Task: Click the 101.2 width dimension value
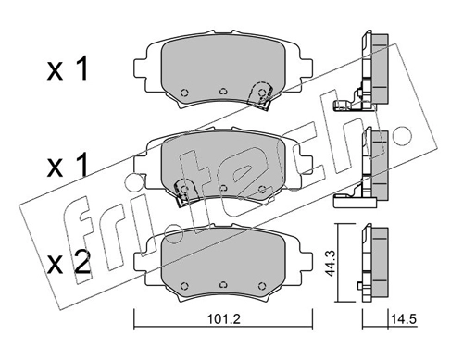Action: [223, 319]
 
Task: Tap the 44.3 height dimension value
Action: [331, 263]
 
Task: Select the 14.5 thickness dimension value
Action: [404, 319]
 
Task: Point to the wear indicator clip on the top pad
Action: [261, 94]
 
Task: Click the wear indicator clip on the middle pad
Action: [184, 192]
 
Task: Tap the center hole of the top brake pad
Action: [223, 92]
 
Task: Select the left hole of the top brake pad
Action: [184, 93]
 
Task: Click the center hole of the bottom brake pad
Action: [223, 285]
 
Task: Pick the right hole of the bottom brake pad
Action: [262, 285]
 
